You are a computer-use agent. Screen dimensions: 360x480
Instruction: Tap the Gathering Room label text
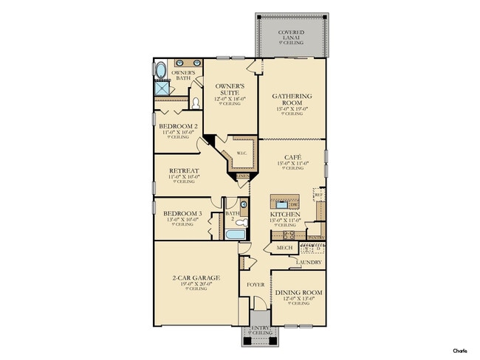(292, 100)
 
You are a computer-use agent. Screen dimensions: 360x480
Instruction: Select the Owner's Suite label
(230, 89)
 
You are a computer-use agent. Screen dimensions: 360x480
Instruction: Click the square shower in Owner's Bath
(162, 90)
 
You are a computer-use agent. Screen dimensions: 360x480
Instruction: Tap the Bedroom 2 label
(178, 127)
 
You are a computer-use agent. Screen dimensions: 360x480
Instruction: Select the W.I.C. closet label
(241, 153)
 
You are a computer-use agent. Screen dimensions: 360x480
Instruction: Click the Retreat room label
(184, 170)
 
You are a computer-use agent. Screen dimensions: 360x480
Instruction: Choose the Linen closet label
(243, 176)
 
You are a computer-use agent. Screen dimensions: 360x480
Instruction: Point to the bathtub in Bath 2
(235, 235)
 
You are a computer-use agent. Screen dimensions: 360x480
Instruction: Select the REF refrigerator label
(320, 195)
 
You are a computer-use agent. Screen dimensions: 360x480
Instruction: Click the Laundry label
(309, 262)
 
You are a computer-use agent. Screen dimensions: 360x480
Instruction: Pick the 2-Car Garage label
(195, 278)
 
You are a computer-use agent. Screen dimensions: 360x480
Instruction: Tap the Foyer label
(254, 281)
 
